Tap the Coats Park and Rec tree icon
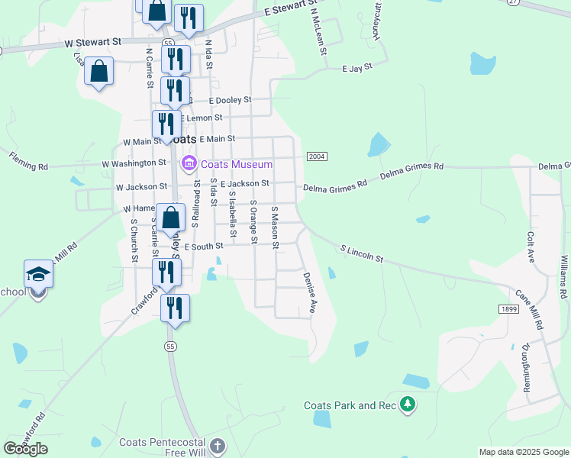click(x=408, y=405)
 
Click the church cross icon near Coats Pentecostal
click(x=218, y=447)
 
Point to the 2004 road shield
click(x=318, y=156)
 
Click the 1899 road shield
click(x=508, y=308)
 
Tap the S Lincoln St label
click(x=361, y=253)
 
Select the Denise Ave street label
click(x=309, y=293)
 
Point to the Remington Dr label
click(x=526, y=367)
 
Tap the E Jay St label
click(x=356, y=67)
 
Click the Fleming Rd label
click(x=28, y=160)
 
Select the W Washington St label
click(x=134, y=163)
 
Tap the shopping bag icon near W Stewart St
click(x=99, y=73)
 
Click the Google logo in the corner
click(x=25, y=448)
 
